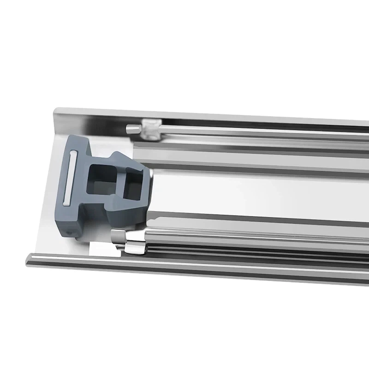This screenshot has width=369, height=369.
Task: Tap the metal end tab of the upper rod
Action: click(132, 128)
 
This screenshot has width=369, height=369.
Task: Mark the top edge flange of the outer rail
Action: click(208, 115)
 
